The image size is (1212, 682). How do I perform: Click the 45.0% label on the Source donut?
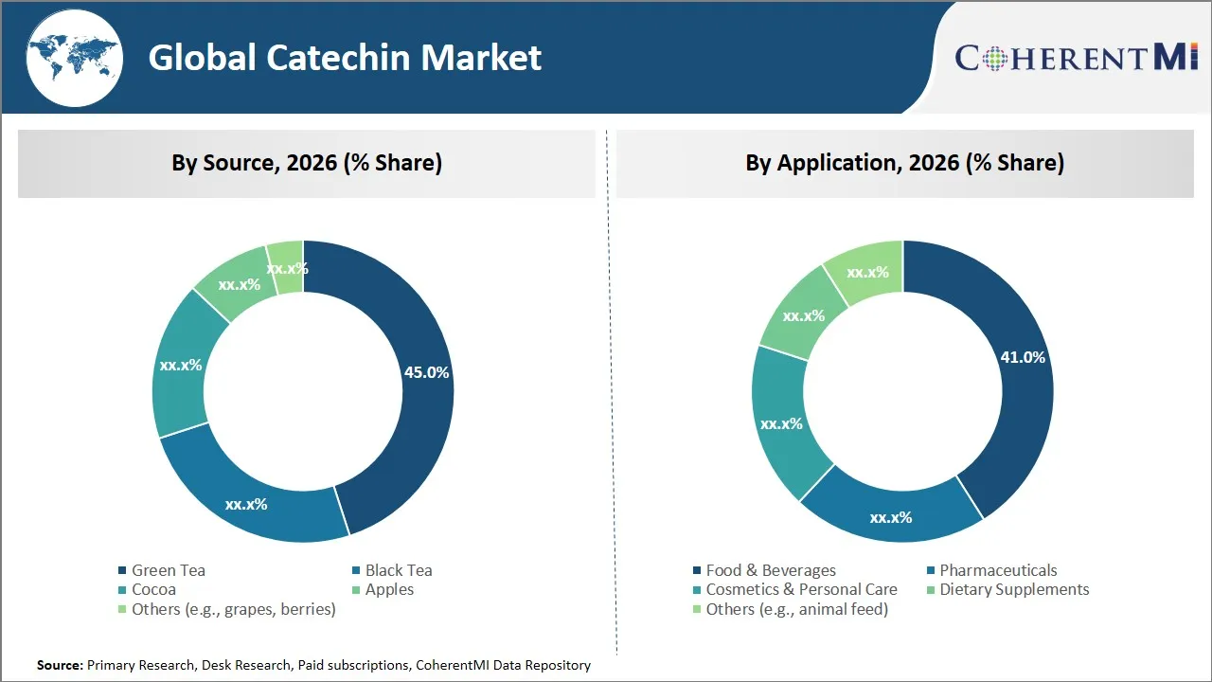pos(426,372)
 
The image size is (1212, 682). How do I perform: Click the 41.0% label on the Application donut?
pos(1023,357)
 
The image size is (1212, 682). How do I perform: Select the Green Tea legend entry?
pos(168,570)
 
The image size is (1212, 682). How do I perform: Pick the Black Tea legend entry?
pos(398,570)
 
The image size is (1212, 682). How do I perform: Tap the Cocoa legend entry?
pos(153,589)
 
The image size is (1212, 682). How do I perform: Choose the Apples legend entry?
pos(389,589)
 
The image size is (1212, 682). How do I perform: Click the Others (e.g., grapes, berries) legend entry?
pos(233,609)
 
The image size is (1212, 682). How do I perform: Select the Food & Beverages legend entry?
pos(770,570)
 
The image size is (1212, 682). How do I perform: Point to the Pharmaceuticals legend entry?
pos(997,570)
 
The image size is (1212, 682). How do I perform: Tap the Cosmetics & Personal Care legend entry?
pos(801,589)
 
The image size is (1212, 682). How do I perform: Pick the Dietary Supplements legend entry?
pos(1013,589)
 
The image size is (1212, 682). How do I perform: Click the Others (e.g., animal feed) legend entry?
pos(796,609)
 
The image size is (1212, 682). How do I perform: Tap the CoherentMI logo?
pos(1076,58)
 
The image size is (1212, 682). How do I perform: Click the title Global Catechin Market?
pos(345,58)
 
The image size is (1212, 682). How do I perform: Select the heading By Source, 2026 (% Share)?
pos(306,163)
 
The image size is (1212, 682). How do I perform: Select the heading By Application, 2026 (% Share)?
pos(904,163)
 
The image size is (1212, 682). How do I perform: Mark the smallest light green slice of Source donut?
pos(286,256)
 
